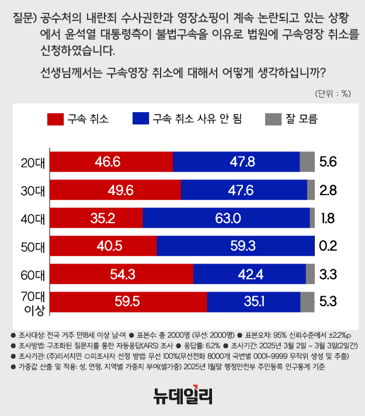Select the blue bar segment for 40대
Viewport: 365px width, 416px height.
click(x=226, y=217)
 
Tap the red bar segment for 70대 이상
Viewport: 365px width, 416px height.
click(x=128, y=302)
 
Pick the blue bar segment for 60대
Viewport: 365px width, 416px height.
click(x=249, y=274)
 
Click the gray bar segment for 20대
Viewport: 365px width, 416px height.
click(x=307, y=161)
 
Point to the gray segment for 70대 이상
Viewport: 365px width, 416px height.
click(x=307, y=302)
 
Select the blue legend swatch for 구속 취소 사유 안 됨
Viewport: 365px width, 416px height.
click(x=140, y=119)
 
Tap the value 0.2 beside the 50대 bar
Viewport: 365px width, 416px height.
click(x=328, y=246)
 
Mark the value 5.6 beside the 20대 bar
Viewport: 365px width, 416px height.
click(x=328, y=162)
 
